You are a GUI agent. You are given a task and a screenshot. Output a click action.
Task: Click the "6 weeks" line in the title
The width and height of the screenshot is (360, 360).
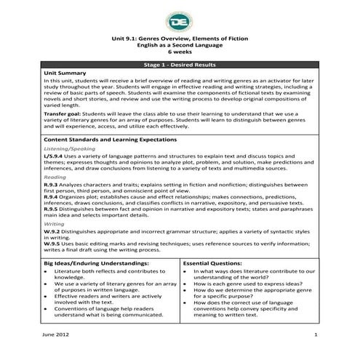179,54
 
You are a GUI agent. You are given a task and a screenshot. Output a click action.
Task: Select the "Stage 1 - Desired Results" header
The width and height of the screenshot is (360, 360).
179,65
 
